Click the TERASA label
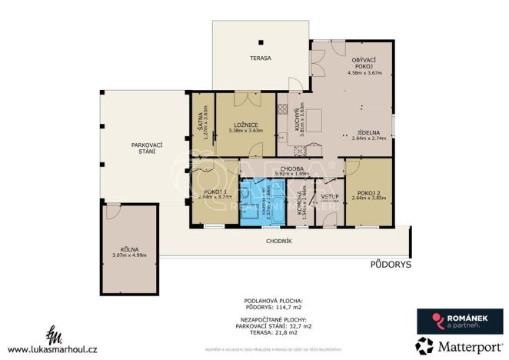point(260,58)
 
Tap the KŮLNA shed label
point(128,249)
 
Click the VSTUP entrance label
point(330,197)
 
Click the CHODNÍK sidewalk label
point(277,241)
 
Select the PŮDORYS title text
point(391,264)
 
